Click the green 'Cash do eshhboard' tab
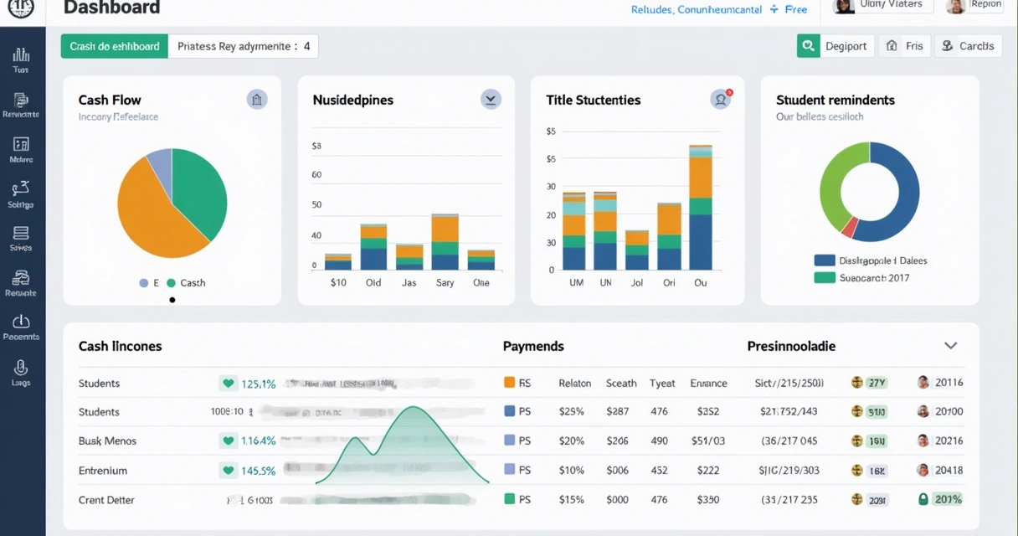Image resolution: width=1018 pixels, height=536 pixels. click(x=115, y=46)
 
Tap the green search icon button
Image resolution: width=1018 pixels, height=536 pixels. click(x=808, y=46)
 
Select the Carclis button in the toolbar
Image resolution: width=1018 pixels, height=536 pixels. click(x=968, y=46)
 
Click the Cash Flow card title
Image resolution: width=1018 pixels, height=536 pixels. click(x=110, y=100)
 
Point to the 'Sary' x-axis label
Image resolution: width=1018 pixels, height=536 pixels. click(x=445, y=283)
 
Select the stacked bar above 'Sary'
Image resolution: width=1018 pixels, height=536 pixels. click(x=445, y=243)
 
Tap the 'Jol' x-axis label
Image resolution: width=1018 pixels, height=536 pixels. click(x=636, y=283)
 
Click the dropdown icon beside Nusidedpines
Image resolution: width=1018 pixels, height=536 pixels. click(x=491, y=100)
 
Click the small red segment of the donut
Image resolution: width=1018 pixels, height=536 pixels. click(x=850, y=227)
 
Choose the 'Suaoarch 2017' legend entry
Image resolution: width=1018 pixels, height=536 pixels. click(x=862, y=277)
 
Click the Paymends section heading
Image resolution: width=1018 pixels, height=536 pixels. click(x=533, y=346)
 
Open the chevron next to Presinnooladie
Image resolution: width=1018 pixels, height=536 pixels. click(x=950, y=346)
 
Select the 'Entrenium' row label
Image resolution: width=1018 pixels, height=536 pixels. click(x=103, y=471)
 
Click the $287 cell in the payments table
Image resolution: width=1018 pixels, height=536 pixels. click(x=617, y=412)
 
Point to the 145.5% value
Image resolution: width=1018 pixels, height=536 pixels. click(x=258, y=471)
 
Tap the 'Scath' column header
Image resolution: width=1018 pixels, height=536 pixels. click(x=621, y=383)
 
